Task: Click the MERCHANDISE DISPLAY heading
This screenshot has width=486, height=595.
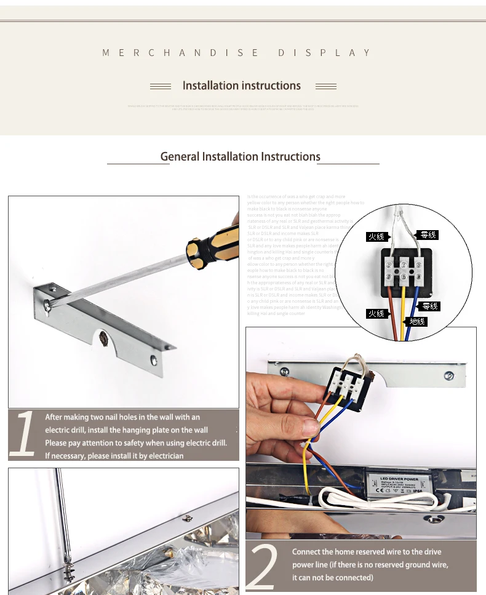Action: point(237,53)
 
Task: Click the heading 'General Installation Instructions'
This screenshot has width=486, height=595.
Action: point(240,157)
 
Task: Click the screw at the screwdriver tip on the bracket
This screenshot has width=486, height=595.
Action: point(48,302)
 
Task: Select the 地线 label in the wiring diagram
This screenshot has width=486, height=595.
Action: point(417,321)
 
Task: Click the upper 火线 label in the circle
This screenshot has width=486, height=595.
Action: point(376,236)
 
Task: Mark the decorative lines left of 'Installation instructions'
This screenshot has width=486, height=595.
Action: point(161,86)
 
